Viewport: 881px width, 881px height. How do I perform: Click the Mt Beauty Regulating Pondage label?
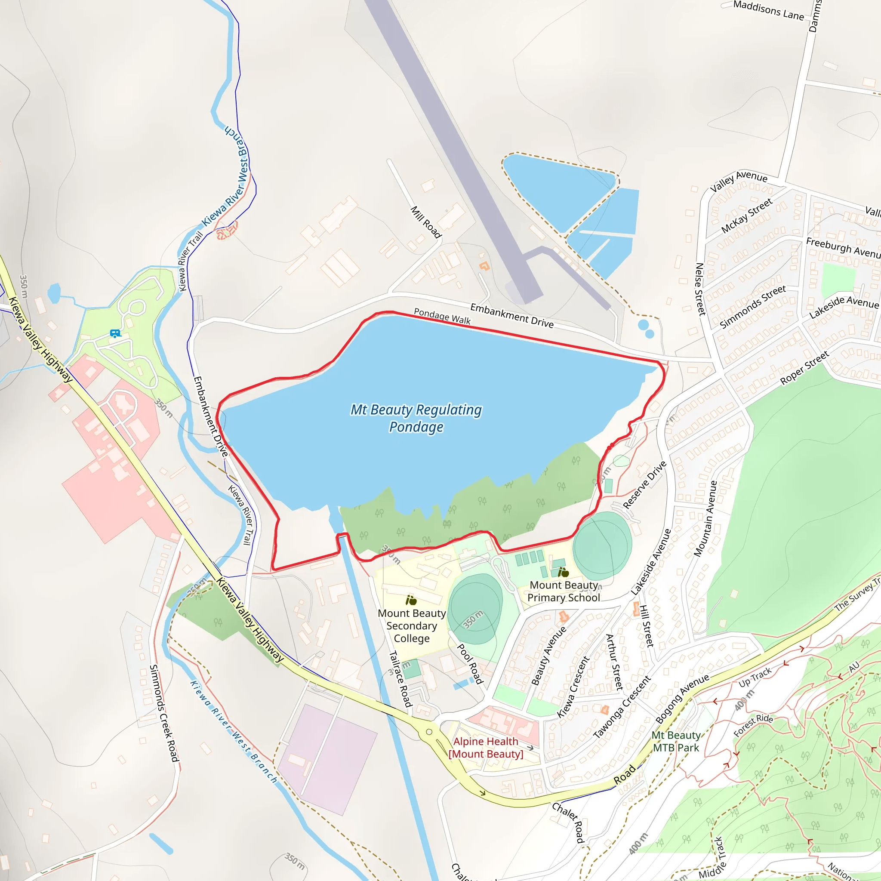coord(416,418)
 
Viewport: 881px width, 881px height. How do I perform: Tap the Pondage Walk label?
coord(442,316)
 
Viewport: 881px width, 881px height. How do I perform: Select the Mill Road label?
coord(426,222)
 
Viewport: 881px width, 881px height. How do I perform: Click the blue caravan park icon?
coord(115,333)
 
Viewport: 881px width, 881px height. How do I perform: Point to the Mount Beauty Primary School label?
coord(564,591)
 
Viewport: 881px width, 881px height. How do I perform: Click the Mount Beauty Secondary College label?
coord(411,625)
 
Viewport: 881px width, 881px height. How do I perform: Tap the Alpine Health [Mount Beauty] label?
coord(486,747)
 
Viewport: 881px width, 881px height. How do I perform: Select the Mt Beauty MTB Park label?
coord(676,742)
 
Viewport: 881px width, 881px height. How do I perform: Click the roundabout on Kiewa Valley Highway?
coord(428,732)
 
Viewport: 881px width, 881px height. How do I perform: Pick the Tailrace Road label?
coord(400,679)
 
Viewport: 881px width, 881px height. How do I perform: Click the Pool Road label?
coord(470,664)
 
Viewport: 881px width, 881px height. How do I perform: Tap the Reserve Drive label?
coord(644,485)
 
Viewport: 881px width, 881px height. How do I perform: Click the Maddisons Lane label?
coord(768,10)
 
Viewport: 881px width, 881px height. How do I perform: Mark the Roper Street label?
coord(804,368)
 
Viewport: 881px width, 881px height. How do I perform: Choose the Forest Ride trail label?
coord(753,725)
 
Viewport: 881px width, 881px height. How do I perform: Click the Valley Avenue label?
coord(739,181)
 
